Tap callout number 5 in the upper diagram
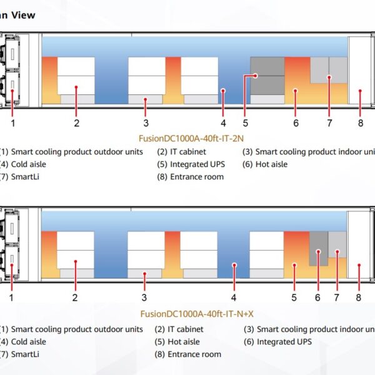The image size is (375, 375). click(x=246, y=122)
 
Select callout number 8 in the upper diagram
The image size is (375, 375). click(x=361, y=122)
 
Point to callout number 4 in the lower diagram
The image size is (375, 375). click(x=234, y=297)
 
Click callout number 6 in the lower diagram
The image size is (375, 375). click(x=317, y=297)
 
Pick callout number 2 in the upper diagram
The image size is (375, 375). click(x=76, y=122)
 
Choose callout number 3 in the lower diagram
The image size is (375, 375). click(x=144, y=297)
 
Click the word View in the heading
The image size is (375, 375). click(x=24, y=14)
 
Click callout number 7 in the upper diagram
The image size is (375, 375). click(x=329, y=122)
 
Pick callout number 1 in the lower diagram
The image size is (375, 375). click(x=11, y=297)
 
